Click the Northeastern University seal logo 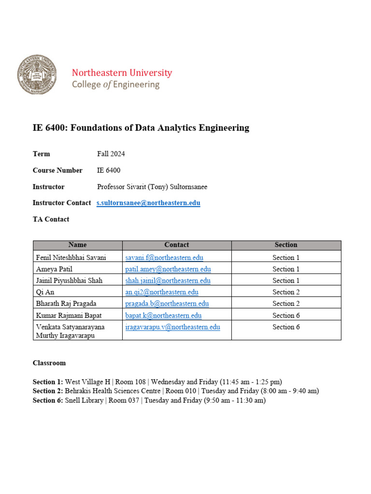tap(36, 75)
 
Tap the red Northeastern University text tap(122, 73)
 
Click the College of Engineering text tap(115, 85)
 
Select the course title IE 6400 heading tap(141, 128)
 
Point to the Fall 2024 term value tap(111, 154)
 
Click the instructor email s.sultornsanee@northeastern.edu tap(148, 203)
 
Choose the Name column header tap(77, 245)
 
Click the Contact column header tap(176, 245)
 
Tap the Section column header tap(286, 245)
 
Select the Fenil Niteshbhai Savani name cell tap(71, 258)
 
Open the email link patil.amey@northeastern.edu tap(168, 269)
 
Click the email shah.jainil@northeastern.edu tap(168, 281)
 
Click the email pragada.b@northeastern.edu tap(167, 304)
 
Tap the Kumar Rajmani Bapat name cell tap(70, 316)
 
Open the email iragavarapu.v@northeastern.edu tap(172, 327)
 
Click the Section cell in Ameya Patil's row tap(286, 269)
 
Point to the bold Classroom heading tap(49, 363)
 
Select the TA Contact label tap(51, 219)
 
